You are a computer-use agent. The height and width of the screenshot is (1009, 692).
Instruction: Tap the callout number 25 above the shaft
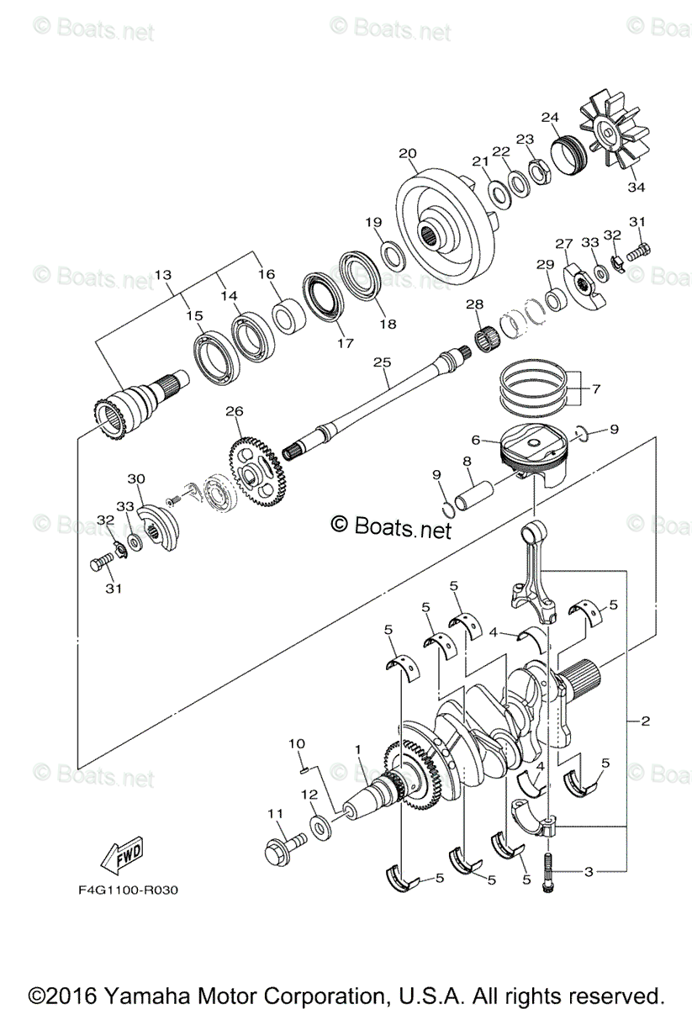[383, 362]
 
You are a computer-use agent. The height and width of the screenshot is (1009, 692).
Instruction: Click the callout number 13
[162, 275]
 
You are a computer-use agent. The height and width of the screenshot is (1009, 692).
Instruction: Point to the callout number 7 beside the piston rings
[597, 389]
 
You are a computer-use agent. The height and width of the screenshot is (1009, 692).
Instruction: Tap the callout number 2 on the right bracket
[645, 721]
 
